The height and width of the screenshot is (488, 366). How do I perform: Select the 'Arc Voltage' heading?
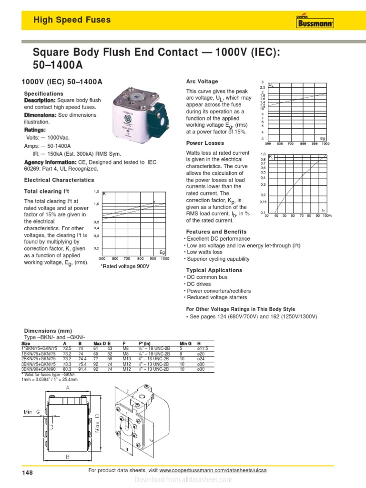pos(202,81)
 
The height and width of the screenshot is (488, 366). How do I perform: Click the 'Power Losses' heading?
pos(204,143)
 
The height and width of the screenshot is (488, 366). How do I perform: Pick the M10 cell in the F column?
pos(126,359)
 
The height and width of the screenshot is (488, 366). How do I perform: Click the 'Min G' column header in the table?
pos(185,343)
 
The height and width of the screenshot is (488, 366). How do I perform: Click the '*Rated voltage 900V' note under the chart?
pos(125,266)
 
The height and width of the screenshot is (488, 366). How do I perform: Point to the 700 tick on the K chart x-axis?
pos(128,258)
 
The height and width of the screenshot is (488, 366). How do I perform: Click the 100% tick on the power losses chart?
pos(327,216)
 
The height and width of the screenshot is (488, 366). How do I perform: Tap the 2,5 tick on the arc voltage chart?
pos(262,88)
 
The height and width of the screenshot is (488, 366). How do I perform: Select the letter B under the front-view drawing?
pos(68,457)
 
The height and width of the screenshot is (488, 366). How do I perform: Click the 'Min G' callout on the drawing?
pos(31,412)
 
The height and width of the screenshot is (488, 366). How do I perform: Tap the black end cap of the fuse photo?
pos(164,114)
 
